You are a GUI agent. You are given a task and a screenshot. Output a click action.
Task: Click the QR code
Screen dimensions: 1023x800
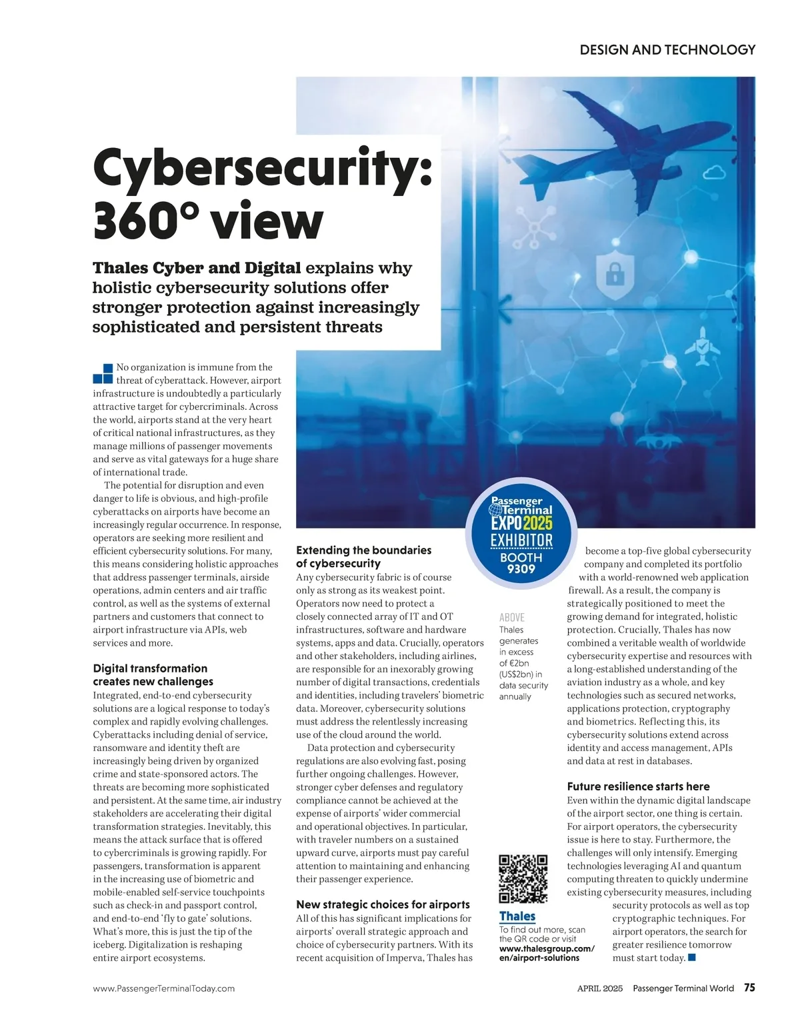pyautogui.click(x=523, y=878)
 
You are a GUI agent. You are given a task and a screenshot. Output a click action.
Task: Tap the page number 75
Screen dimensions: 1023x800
pyautogui.click(x=749, y=988)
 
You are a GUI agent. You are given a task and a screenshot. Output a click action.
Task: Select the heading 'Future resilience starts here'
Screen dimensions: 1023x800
pyautogui.click(x=638, y=786)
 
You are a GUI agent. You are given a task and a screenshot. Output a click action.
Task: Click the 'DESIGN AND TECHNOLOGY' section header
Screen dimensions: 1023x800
pyautogui.click(x=667, y=50)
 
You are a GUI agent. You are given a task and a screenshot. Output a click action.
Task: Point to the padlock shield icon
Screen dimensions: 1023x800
pyautogui.click(x=613, y=274)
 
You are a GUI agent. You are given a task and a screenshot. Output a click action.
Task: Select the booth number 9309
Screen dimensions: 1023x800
pyautogui.click(x=521, y=569)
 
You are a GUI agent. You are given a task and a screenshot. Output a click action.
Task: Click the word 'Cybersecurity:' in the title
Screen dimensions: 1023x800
pyautogui.click(x=263, y=169)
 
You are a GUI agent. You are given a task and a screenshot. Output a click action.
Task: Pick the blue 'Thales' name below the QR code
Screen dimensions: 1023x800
pyautogui.click(x=517, y=916)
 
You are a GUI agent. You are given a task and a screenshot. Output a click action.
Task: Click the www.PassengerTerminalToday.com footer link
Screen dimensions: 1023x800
pyautogui.click(x=164, y=988)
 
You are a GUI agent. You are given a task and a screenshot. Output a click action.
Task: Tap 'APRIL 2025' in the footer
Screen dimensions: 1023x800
pyautogui.click(x=599, y=988)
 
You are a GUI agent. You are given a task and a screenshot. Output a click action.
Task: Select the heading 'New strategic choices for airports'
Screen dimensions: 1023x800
pyautogui.click(x=383, y=904)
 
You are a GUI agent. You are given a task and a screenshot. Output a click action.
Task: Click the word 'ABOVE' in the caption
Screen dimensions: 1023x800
pyautogui.click(x=511, y=617)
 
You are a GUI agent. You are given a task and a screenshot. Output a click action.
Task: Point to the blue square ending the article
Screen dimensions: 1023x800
pyautogui.click(x=692, y=958)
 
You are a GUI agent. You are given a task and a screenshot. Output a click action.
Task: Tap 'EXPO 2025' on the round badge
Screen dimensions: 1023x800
pyautogui.click(x=521, y=524)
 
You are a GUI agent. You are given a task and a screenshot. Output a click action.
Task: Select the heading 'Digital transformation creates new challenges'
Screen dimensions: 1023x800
pyautogui.click(x=153, y=674)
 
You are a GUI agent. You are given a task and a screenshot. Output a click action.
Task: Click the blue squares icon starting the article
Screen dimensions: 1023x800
pyautogui.click(x=103, y=374)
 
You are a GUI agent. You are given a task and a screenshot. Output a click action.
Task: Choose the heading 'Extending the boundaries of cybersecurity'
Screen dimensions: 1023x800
pyautogui.click(x=363, y=556)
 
